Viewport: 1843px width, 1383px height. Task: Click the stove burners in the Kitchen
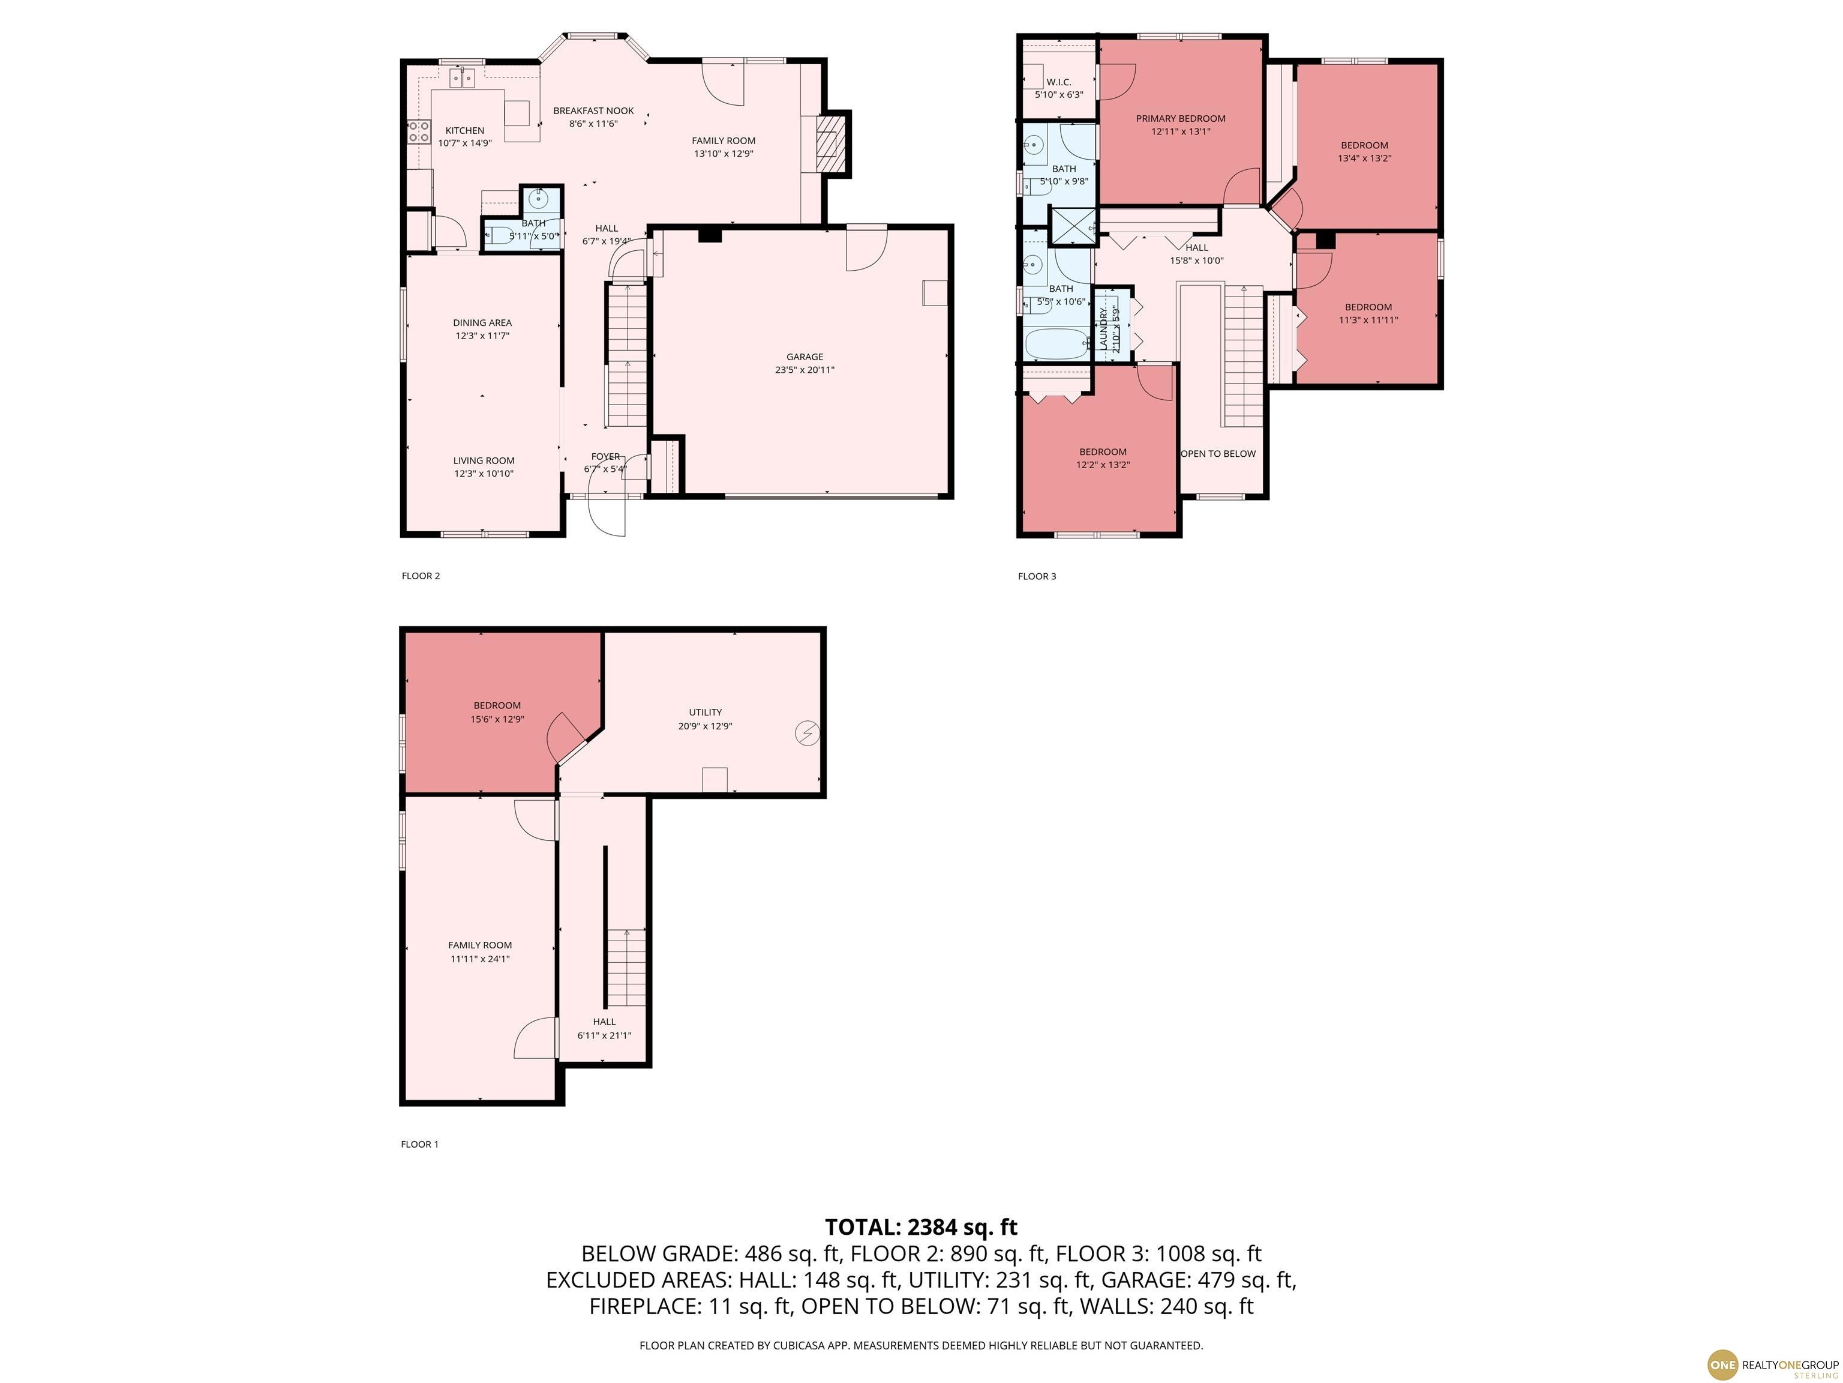(418, 131)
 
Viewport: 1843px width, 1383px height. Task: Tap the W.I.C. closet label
(1059, 82)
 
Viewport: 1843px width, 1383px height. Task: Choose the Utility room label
(705, 713)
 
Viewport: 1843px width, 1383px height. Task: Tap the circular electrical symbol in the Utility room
(808, 734)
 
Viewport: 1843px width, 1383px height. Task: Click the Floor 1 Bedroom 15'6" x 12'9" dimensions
(497, 719)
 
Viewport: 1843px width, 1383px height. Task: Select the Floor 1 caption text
(419, 1145)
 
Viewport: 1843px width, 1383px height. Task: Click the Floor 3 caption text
(1037, 576)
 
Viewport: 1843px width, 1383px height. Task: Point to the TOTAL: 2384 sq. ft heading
(921, 1227)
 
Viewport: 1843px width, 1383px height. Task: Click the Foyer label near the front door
(606, 457)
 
